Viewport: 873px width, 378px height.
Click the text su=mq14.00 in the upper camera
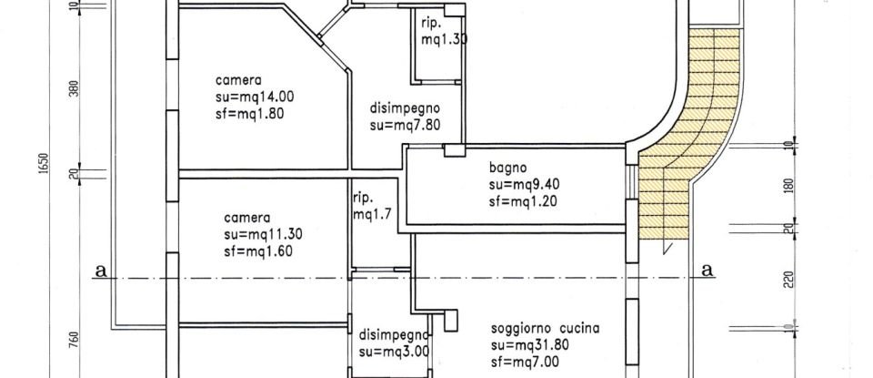click(x=256, y=96)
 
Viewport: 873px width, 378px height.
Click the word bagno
click(x=506, y=168)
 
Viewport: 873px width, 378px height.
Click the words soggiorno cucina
click(x=547, y=328)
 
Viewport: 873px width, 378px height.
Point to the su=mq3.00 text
click(x=394, y=351)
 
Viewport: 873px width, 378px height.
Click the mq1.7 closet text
click(x=373, y=215)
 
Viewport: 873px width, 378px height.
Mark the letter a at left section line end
click(x=99, y=271)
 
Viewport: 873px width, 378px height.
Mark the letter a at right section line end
click(x=707, y=271)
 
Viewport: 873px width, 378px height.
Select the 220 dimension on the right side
click(x=788, y=279)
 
